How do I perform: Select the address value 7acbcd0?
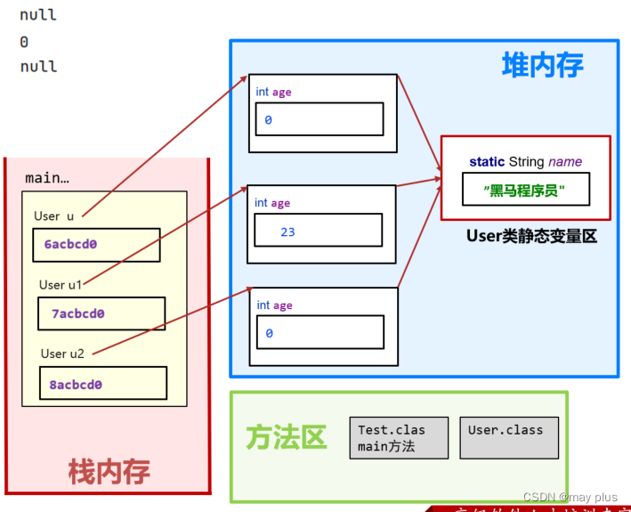click(x=77, y=313)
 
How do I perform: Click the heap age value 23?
click(x=287, y=232)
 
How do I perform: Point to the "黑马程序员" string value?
click(x=525, y=191)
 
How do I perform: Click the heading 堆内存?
click(x=542, y=65)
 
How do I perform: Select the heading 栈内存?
click(x=109, y=471)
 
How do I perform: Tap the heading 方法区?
click(x=287, y=437)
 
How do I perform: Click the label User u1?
click(x=61, y=285)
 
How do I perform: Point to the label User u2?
click(x=62, y=354)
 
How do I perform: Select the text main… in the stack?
click(x=47, y=178)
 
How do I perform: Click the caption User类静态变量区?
click(x=530, y=236)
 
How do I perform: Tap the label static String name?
click(x=525, y=161)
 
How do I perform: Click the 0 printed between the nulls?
click(x=24, y=41)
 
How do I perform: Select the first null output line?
click(x=38, y=15)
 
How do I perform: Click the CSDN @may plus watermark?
click(x=570, y=497)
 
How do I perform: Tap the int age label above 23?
click(x=273, y=203)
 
